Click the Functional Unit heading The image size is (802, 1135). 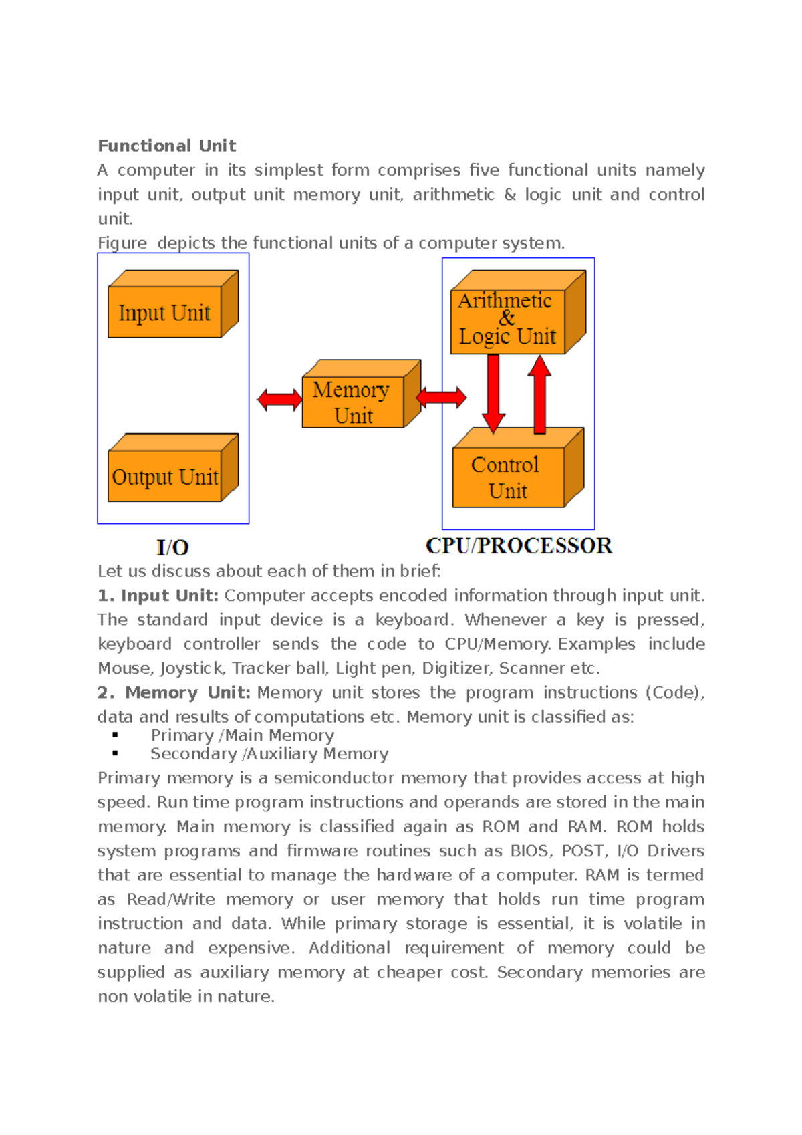point(166,146)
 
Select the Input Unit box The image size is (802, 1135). point(165,312)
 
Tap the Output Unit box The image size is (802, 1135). point(165,477)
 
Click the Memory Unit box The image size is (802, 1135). point(353,402)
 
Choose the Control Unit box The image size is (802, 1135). point(508,477)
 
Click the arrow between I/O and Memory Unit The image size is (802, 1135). point(279,400)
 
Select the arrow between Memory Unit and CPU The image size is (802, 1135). point(441,398)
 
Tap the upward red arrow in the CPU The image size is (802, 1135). point(539,394)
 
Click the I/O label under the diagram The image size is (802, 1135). point(172,547)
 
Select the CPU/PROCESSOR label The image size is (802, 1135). point(519,545)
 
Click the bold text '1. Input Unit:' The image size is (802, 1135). point(158,596)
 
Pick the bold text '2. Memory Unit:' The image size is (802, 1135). point(174,692)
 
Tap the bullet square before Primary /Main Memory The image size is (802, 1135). point(115,735)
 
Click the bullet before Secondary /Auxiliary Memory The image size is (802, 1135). point(115,753)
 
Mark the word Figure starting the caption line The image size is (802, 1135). point(122,243)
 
